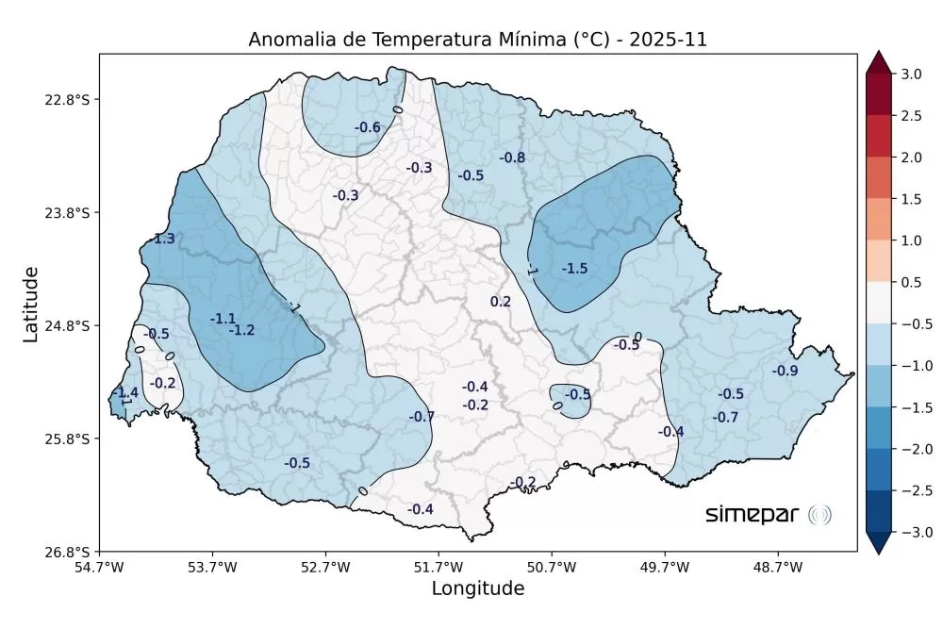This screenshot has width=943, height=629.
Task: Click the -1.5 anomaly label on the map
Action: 574,269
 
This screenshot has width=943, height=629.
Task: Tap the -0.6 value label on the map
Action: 367,127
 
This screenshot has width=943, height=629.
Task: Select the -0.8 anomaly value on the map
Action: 512,157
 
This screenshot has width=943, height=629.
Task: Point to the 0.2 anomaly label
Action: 501,302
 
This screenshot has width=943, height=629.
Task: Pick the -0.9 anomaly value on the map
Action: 785,371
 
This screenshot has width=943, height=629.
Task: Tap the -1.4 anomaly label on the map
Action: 125,392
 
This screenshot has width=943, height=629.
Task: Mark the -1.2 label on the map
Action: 241,330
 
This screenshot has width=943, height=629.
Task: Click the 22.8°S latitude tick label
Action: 73,100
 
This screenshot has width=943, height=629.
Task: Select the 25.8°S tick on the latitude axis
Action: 73,439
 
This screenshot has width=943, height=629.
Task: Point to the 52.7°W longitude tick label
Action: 325,568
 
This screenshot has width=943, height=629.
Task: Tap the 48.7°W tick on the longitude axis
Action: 778,568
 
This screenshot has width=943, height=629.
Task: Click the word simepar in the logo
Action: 753,514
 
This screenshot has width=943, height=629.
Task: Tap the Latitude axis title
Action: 31,304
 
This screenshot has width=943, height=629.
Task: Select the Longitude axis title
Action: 477,589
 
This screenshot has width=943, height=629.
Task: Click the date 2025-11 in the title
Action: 668,40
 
